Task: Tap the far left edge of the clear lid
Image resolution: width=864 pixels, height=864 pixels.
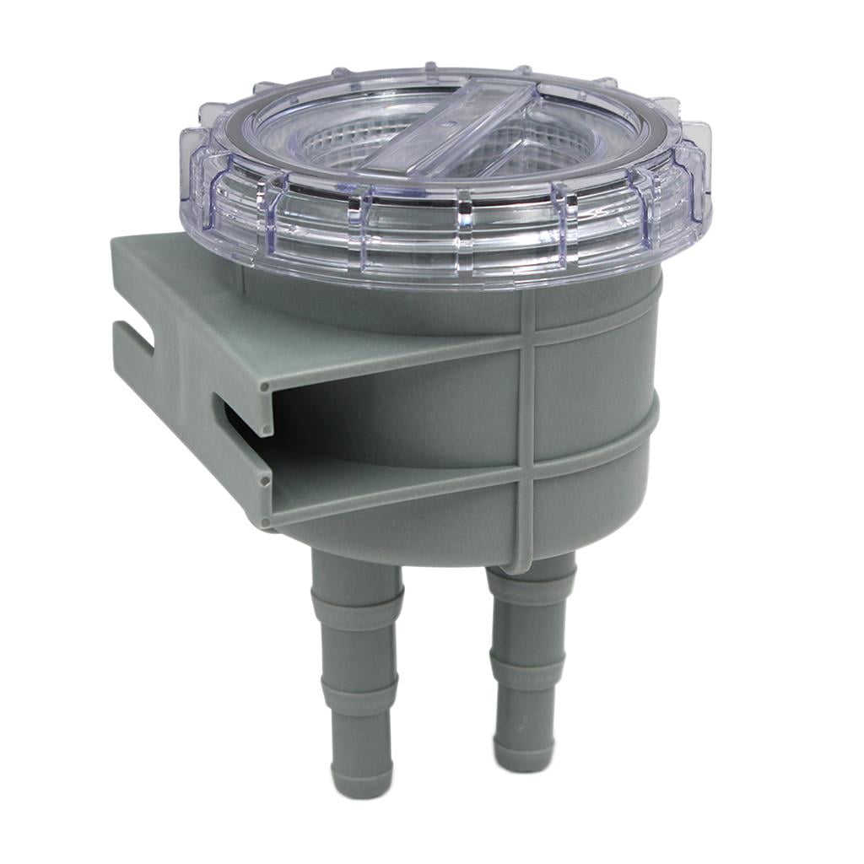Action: (184, 160)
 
